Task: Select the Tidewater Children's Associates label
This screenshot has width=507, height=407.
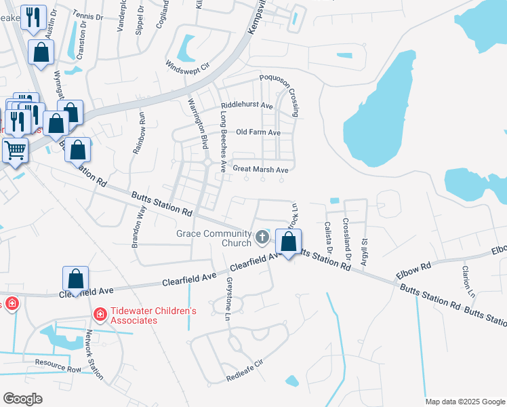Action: (153, 315)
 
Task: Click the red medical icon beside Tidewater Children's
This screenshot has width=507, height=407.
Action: (100, 315)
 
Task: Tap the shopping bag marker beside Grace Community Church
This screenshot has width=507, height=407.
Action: (289, 242)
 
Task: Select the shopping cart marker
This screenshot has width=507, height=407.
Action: (15, 151)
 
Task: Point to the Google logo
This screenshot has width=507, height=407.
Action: (22, 399)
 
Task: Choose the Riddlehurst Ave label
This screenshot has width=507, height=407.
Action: (247, 106)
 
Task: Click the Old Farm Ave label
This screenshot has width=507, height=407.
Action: (258, 132)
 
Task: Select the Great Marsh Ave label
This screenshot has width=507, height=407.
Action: (261, 169)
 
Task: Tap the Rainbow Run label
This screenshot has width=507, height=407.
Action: (139, 133)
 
